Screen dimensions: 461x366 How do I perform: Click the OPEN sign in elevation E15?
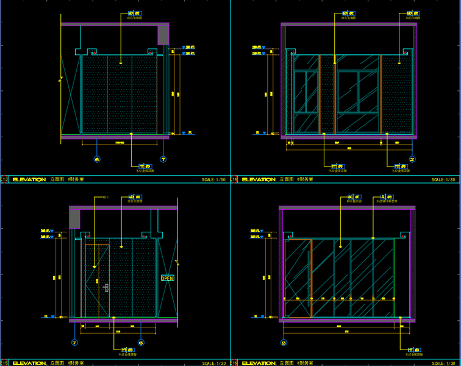[167, 278]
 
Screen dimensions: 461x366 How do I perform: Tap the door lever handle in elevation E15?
[105, 287]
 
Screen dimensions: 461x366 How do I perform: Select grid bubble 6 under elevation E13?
[97, 159]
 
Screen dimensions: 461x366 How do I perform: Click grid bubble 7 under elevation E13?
[163, 159]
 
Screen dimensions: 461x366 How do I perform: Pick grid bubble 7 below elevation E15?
[75, 342]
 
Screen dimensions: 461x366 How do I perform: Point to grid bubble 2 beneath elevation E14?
[412, 160]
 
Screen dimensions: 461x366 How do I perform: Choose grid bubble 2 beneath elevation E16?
[284, 343]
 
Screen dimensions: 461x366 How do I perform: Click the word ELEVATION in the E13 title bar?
[29, 180]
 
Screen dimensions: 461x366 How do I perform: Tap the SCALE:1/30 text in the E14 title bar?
[443, 180]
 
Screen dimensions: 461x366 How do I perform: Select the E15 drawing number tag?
[4, 362]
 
